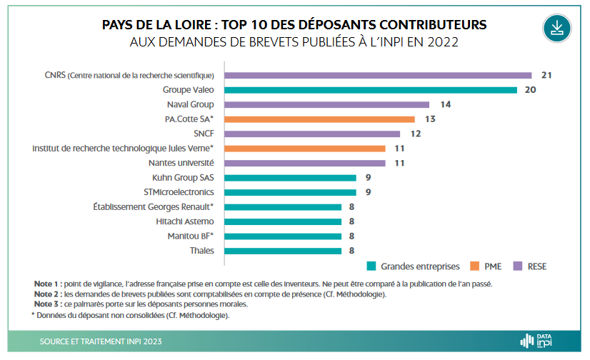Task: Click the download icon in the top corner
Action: [x=557, y=28]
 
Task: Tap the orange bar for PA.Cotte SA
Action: [x=320, y=119]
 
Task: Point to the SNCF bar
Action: [x=313, y=134]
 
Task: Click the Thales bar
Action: [x=284, y=251]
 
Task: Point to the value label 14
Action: [x=445, y=104]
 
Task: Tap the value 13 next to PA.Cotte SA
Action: [x=430, y=119]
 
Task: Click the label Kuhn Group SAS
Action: [x=183, y=177]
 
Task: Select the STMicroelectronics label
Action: [x=179, y=192]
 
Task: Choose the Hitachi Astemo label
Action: [x=184, y=221]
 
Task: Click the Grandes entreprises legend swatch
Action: [x=371, y=266]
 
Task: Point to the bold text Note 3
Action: [x=47, y=304]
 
